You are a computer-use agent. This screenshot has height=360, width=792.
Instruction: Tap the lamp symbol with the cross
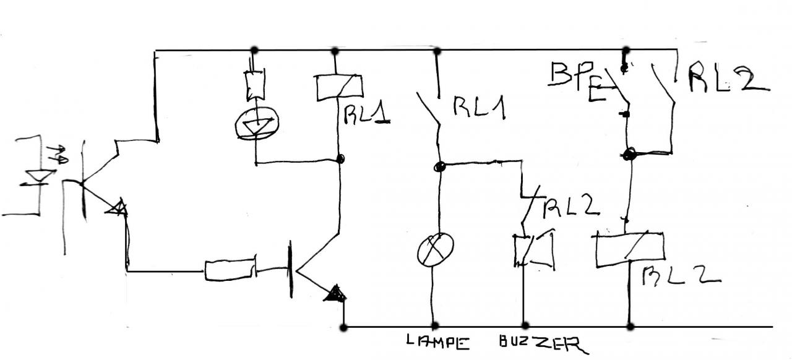[436, 249]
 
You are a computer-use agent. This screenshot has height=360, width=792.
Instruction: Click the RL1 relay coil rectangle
[338, 87]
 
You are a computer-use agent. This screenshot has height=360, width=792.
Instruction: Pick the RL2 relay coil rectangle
[629, 249]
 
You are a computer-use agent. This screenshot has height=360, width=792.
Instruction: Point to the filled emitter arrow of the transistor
[335, 293]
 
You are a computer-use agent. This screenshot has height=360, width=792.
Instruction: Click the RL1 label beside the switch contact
[480, 108]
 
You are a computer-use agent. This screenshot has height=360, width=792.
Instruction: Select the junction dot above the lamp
[439, 166]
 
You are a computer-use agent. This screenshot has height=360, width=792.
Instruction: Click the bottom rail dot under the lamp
[434, 325]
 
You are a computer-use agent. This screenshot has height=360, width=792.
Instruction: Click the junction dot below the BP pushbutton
[629, 154]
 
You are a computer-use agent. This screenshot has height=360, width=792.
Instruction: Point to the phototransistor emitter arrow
[118, 209]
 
